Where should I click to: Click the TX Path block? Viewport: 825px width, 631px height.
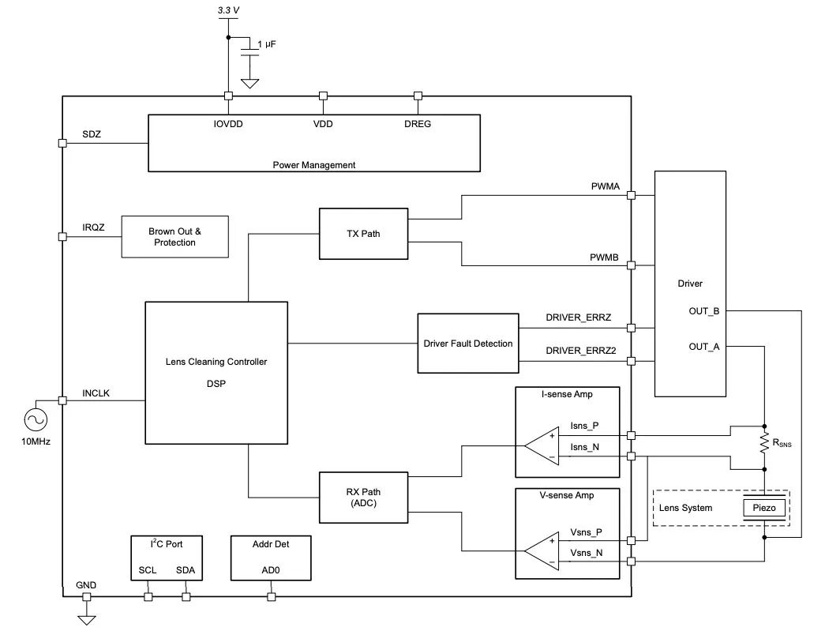[x=363, y=233]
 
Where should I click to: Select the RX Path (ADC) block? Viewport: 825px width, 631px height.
[x=363, y=497]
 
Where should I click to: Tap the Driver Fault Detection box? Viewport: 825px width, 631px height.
[x=467, y=344]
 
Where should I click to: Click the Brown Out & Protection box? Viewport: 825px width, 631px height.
[x=174, y=236]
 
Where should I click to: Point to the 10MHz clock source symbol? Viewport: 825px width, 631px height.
[x=36, y=419]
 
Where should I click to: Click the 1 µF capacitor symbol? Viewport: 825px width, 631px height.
[x=250, y=54]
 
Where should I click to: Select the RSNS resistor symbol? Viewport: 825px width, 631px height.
[x=763, y=442]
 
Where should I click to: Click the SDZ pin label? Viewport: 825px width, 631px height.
[x=92, y=135]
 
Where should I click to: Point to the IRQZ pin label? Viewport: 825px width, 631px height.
[x=94, y=227]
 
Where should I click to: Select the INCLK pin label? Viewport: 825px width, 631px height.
[x=96, y=392]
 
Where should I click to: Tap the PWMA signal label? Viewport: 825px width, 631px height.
[x=606, y=186]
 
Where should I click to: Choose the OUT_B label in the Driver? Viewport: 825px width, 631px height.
[x=703, y=310]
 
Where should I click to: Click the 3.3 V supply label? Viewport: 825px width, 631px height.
[x=227, y=11]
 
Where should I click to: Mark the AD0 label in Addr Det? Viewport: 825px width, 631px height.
[x=271, y=569]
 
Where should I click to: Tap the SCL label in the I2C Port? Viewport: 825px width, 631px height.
[x=148, y=569]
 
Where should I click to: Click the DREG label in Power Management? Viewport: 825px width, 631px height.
[x=418, y=124]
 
